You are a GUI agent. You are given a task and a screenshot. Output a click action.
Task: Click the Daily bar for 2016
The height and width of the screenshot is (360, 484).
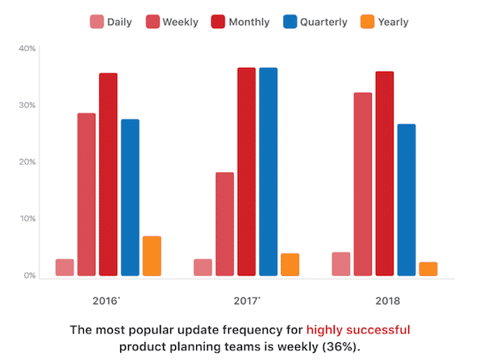click(65, 267)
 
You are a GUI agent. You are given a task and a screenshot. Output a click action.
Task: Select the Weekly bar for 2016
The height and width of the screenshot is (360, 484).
click(86, 195)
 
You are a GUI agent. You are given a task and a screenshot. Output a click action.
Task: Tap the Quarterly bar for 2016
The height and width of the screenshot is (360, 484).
click(130, 198)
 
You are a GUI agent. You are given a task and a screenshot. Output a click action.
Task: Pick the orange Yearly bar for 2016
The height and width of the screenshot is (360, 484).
click(152, 256)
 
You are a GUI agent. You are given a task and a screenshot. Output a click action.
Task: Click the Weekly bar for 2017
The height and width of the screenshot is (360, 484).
click(225, 224)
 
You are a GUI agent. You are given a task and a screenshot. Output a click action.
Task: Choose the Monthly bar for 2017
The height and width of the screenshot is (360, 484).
click(246, 172)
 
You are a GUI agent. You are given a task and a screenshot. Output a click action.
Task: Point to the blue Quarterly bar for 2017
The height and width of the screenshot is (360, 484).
click(268, 172)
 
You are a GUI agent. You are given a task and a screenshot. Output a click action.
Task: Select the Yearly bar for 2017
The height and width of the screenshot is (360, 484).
click(290, 265)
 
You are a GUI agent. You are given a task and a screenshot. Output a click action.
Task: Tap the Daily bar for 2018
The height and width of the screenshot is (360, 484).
click(341, 264)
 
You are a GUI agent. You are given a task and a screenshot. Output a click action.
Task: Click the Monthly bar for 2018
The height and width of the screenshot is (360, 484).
click(385, 174)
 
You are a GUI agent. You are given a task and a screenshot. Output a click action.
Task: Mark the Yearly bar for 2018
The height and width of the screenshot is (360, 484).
click(428, 269)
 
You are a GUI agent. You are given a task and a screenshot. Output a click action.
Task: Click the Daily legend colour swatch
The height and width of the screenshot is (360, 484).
click(97, 22)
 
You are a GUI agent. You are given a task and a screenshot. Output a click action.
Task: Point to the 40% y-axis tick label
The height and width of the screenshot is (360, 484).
click(27, 49)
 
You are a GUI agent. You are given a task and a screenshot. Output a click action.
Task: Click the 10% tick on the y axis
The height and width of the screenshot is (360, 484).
click(27, 219)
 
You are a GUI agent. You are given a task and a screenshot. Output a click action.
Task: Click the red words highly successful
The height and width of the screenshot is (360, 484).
click(358, 329)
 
